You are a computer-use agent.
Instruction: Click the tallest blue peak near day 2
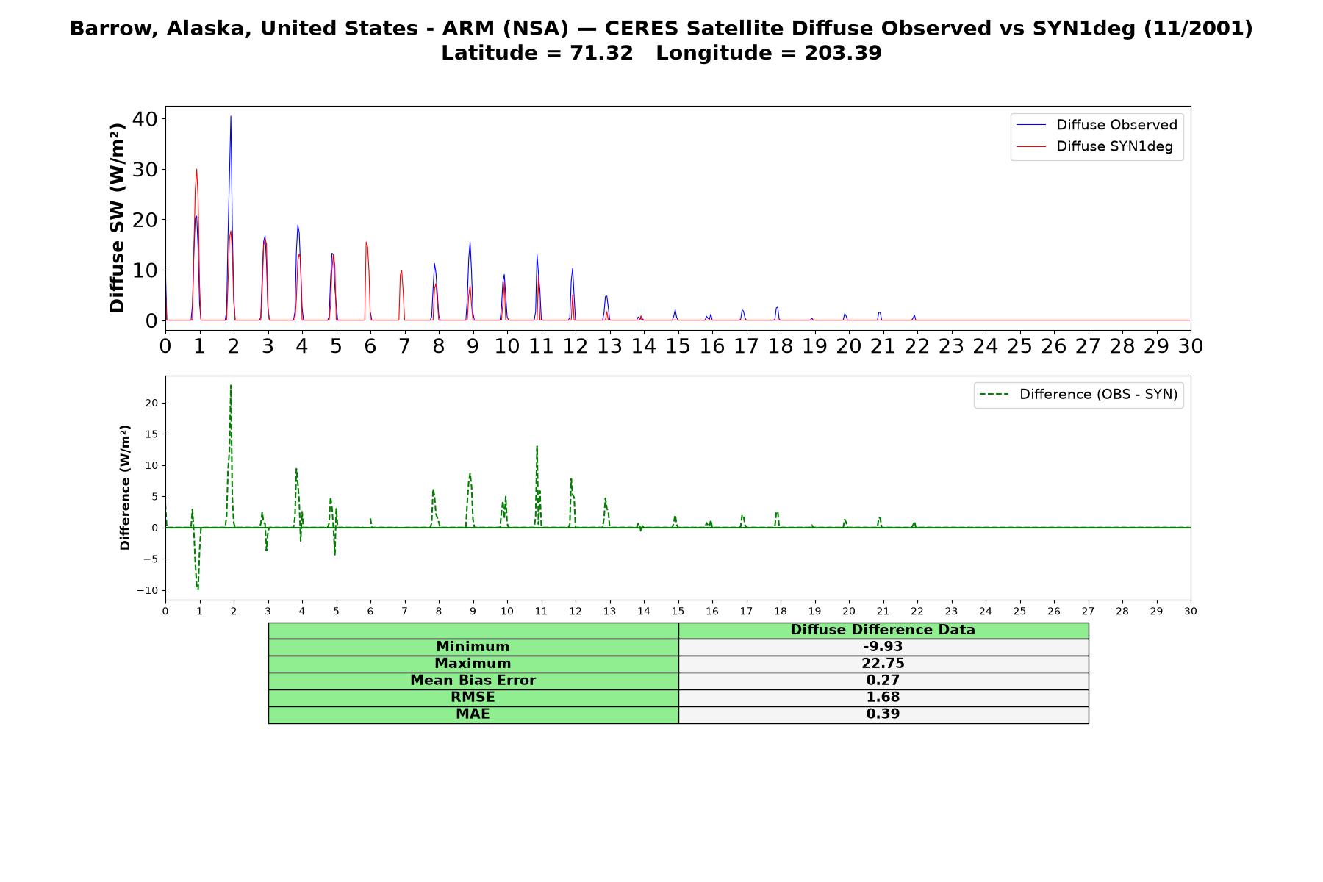coord(231,116)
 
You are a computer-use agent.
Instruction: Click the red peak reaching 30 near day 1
coord(196,170)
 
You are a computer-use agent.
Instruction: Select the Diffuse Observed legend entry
coord(1097,125)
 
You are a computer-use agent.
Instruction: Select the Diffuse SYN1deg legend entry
coord(1094,146)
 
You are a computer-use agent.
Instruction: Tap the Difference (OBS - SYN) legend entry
coord(1078,395)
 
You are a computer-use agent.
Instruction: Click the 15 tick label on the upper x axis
coord(678,345)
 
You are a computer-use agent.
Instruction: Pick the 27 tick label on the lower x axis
coord(1088,611)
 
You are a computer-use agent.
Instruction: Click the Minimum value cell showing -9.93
coord(883,647)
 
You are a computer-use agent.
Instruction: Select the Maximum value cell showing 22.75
coord(883,664)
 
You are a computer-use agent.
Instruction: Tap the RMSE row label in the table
coord(473,698)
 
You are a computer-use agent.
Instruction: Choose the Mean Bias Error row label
coord(473,681)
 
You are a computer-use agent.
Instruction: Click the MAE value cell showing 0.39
coord(883,714)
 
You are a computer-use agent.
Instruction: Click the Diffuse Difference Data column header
coord(883,630)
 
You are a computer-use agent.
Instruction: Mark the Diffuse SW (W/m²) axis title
coord(118,218)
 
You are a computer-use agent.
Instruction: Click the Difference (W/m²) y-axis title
coord(125,487)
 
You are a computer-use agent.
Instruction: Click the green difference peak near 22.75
coord(231,385)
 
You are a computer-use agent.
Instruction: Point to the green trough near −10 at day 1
coord(198,589)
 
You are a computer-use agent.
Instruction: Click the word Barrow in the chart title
coord(114,29)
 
